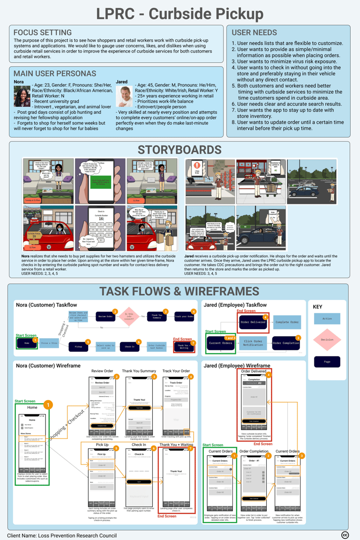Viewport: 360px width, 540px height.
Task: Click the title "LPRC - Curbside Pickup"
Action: (180, 14)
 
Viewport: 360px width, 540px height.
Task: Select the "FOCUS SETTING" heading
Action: (43, 33)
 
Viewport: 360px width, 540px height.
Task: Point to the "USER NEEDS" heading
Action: (254, 33)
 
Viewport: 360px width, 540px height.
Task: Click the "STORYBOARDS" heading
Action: (180, 150)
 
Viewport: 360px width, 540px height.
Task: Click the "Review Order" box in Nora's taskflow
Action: (105, 316)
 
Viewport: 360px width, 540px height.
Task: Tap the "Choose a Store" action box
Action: (49, 343)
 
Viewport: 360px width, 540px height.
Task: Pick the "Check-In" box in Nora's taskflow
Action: (129, 347)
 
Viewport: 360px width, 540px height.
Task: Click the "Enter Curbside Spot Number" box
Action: (156, 347)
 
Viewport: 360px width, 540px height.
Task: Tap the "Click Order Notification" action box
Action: (253, 343)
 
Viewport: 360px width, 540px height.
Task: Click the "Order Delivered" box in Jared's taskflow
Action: (253, 322)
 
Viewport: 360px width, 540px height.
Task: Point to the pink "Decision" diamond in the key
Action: (327, 340)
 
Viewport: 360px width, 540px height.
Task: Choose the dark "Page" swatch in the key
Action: (327, 362)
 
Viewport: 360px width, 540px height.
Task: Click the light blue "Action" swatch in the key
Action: (327, 319)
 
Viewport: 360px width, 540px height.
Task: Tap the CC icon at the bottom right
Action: (345, 535)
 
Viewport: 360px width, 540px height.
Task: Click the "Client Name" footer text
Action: (62, 535)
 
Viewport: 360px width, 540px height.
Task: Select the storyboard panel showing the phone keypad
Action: (100, 228)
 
